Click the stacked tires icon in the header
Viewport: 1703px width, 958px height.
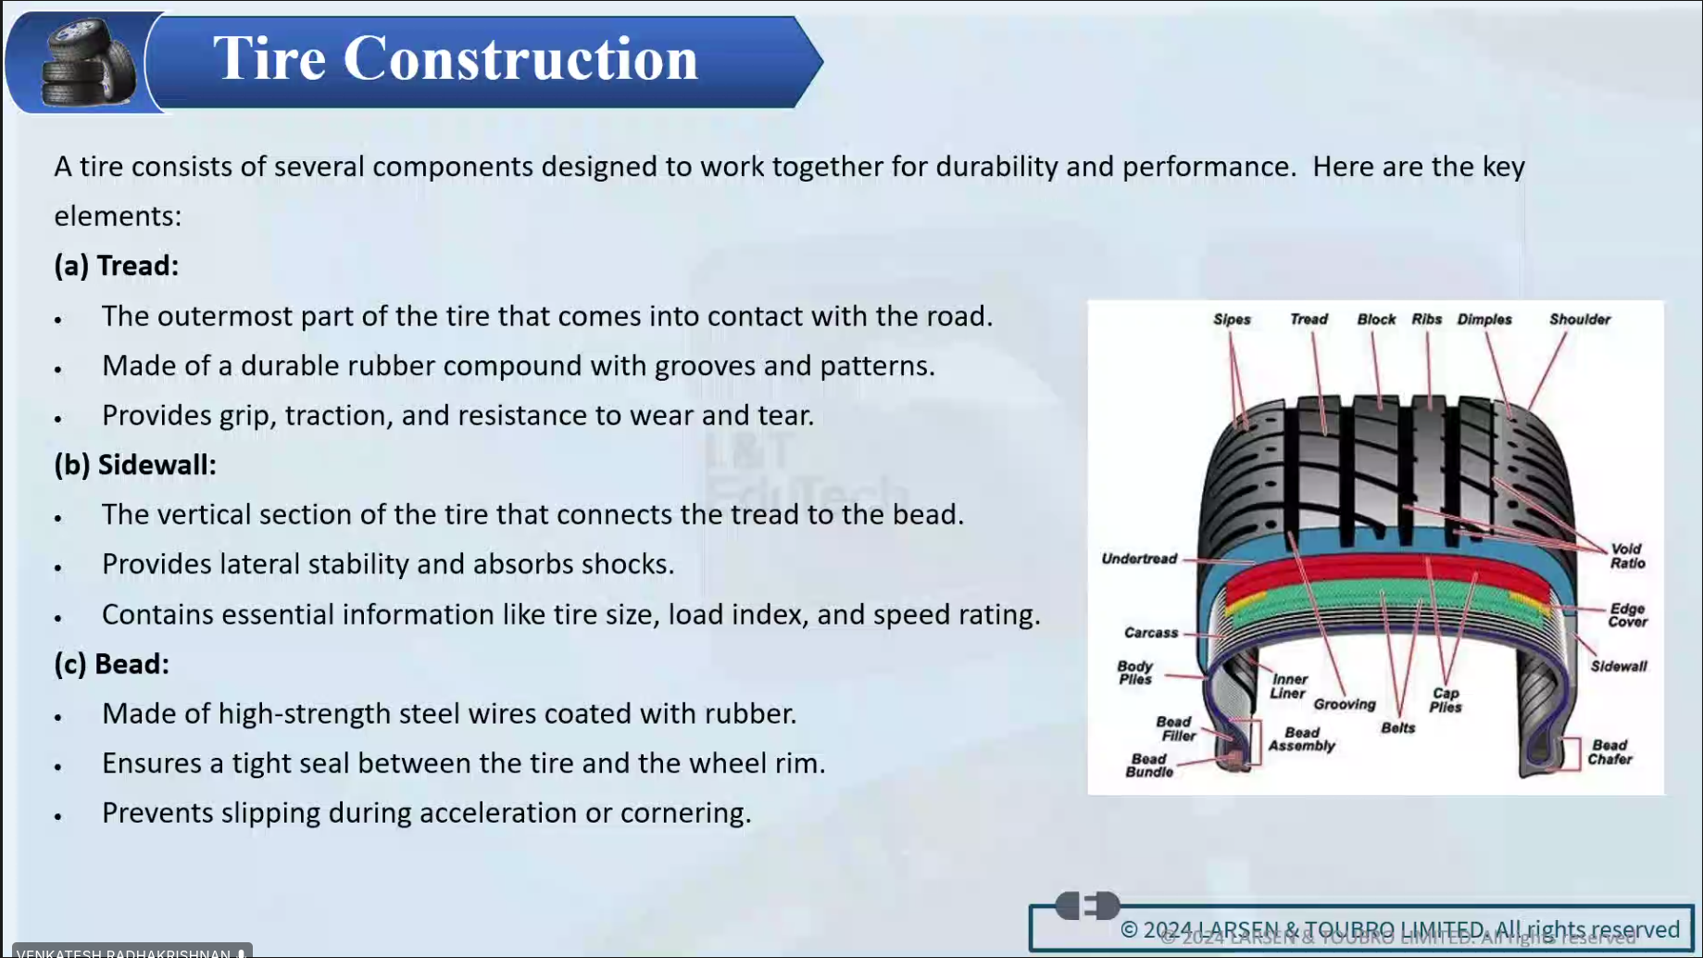(x=87, y=63)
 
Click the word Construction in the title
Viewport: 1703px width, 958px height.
(x=520, y=59)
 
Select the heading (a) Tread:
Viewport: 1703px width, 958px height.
(x=117, y=266)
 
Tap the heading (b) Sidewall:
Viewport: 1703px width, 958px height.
(x=135, y=464)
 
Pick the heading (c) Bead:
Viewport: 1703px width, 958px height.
(x=112, y=663)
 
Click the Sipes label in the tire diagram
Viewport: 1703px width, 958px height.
(x=1232, y=320)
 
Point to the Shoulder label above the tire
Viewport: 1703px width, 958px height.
(x=1580, y=320)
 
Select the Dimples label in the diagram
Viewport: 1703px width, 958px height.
(x=1484, y=320)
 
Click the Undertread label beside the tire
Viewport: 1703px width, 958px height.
(x=1139, y=559)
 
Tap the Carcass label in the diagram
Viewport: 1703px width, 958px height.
(x=1151, y=633)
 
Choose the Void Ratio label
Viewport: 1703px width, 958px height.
(x=1627, y=556)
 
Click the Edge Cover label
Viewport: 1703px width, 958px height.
(x=1627, y=615)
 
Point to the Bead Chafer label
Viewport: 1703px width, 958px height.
(x=1609, y=752)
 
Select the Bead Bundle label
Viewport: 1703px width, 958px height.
(x=1149, y=765)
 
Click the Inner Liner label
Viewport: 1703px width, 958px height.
(x=1289, y=687)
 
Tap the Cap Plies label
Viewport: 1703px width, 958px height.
(x=1445, y=700)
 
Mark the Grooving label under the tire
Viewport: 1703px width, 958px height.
(x=1345, y=705)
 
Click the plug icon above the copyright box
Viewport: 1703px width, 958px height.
(x=1087, y=905)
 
